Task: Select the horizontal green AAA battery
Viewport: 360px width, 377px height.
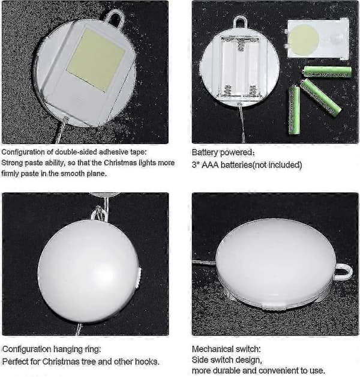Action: coord(328,71)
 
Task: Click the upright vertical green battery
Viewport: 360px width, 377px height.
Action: coord(294,110)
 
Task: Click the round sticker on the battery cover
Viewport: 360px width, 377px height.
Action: coord(304,40)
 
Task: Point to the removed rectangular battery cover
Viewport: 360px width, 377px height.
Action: coord(317,39)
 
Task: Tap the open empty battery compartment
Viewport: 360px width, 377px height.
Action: coord(239,67)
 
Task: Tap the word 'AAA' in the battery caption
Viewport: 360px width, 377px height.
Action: coord(210,164)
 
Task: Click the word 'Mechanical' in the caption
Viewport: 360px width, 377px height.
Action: coord(211,349)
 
